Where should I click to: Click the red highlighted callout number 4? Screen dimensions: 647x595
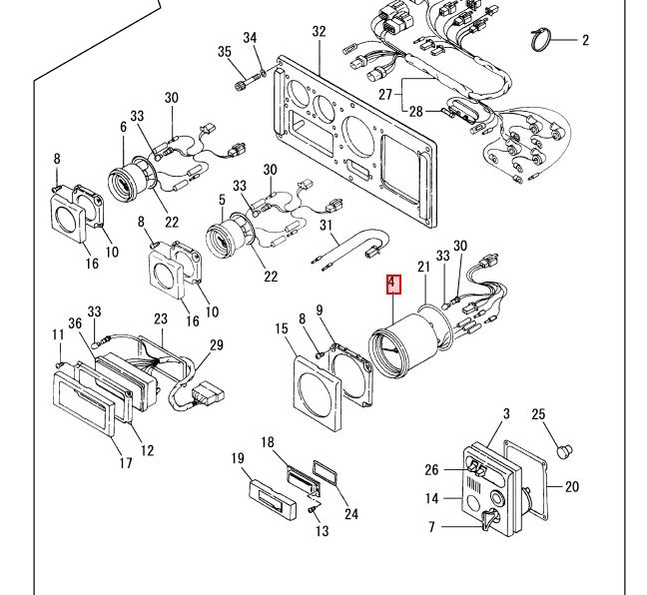point(393,285)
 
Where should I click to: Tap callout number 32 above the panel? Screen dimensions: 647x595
point(319,31)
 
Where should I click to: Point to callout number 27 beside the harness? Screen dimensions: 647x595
point(385,95)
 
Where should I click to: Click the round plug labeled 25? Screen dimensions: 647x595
point(564,450)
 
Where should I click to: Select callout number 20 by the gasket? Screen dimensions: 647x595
point(571,487)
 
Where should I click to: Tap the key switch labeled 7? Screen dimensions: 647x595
point(489,519)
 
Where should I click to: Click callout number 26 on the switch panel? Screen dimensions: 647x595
point(431,469)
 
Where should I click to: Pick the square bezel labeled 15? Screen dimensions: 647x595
point(318,394)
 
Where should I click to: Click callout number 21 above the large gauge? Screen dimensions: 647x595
point(423,267)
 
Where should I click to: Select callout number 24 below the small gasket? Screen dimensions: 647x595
point(351,514)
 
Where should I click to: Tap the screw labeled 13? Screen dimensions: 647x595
point(313,510)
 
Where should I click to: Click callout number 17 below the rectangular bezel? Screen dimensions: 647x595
point(126,463)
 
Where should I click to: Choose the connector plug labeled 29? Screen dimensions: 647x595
point(209,394)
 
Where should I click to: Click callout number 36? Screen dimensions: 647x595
point(75,323)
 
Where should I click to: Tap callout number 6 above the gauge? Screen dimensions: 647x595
point(124,127)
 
